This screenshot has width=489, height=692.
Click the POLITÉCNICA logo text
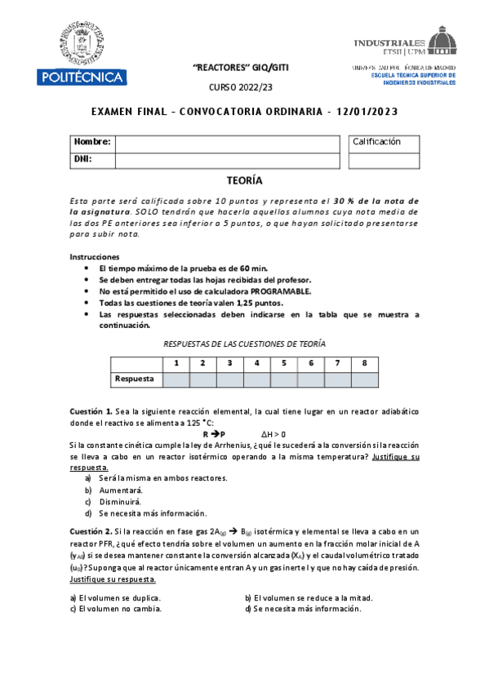(x=80, y=78)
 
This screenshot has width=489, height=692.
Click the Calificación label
(x=377, y=141)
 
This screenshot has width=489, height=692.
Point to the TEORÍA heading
(x=244, y=181)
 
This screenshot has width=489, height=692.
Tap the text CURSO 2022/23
(x=244, y=87)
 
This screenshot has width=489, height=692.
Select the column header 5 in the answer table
(x=283, y=363)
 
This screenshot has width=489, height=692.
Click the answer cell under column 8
(x=364, y=379)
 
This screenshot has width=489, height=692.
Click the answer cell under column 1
(x=176, y=379)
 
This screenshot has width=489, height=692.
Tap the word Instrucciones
(x=95, y=256)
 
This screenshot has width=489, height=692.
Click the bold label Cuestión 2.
(x=91, y=530)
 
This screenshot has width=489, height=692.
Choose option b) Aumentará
(x=119, y=490)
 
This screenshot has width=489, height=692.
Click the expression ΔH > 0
(x=273, y=434)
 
